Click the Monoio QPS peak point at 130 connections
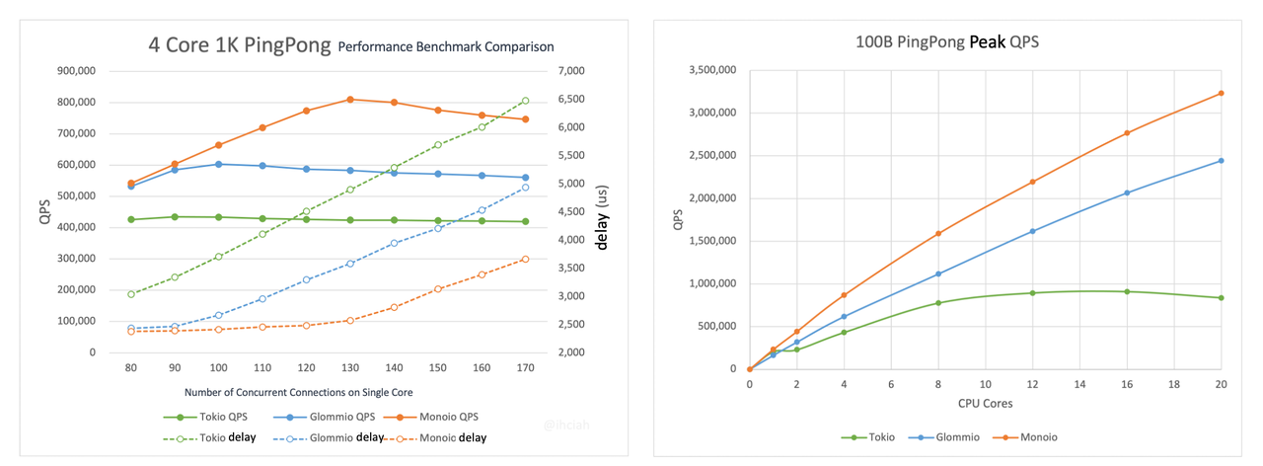click(350, 100)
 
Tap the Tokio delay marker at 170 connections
click(526, 101)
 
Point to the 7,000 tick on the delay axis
click(572, 71)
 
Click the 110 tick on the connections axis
click(262, 367)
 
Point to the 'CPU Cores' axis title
click(986, 404)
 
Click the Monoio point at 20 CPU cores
click(1222, 94)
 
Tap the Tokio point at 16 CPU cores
click(1127, 291)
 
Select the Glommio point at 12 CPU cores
click(1032, 231)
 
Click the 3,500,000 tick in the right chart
click(710, 71)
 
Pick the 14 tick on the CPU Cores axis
click(1079, 384)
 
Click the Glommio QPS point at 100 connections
click(219, 164)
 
